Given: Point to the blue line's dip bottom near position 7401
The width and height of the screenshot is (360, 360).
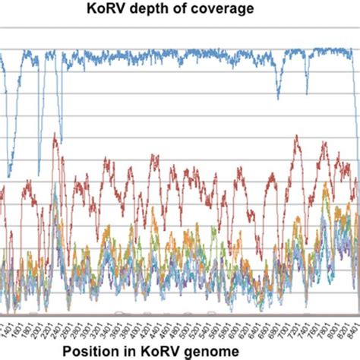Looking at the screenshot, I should (x=307, y=93).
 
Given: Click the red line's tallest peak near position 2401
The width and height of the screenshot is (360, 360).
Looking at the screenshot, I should (x=55, y=135).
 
